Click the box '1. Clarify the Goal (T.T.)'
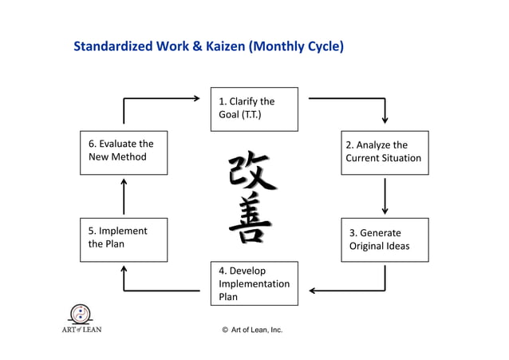[x=254, y=109]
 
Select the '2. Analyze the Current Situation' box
[x=385, y=152]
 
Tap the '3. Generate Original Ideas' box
[x=385, y=239]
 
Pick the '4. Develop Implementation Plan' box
[x=254, y=283]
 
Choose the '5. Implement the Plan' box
[x=124, y=239]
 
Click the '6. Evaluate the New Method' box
[x=124, y=152]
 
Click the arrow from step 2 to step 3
[x=385, y=196]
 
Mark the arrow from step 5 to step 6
[x=124, y=196]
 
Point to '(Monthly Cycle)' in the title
[x=297, y=46]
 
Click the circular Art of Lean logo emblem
[x=81, y=313]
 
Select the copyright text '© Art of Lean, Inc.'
[x=252, y=330]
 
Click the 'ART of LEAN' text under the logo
[x=81, y=329]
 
